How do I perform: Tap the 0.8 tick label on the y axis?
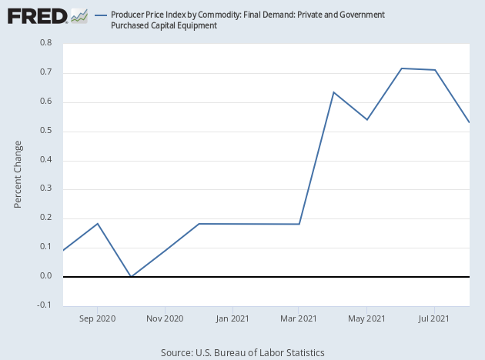point(45,44)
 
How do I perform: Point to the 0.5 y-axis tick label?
point(45,131)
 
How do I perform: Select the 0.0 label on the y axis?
point(45,276)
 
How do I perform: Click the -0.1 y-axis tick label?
point(44,305)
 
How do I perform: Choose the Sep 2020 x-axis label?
point(96,318)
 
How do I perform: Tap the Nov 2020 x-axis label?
point(164,318)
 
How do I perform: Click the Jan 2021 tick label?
point(232,318)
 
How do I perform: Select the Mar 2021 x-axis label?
point(298,318)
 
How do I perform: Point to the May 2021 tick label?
point(366,318)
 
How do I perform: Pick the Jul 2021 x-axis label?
point(433,318)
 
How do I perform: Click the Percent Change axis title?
point(18,175)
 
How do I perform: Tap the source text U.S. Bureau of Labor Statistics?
point(242,352)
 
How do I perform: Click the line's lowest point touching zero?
point(131,276)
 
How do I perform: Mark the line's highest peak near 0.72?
point(401,68)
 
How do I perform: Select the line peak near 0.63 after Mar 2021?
point(333,92)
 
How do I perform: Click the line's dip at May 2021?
point(367,119)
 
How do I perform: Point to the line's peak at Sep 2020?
point(97,223)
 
